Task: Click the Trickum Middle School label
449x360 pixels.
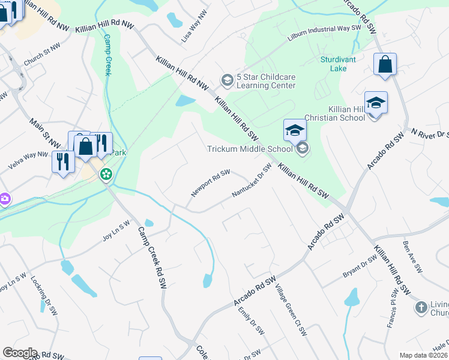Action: pos(250,149)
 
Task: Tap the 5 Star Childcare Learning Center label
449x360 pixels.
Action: pos(266,81)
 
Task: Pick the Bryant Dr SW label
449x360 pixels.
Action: pos(359,265)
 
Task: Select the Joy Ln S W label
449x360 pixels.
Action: pos(116,232)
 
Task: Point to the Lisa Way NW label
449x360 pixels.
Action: pos(198,28)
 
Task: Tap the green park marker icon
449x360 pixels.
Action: pos(106,175)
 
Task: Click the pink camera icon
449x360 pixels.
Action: pos(4,198)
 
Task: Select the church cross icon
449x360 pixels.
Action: pos(421,308)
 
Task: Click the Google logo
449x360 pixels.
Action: pos(20,353)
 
